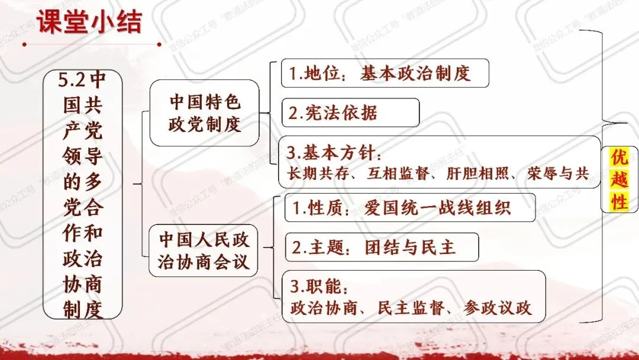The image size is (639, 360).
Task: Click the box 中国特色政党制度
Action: point(205,112)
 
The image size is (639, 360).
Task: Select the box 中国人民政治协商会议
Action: point(204,250)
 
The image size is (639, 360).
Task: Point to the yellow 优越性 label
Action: point(619,179)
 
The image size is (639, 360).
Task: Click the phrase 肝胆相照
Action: point(474,173)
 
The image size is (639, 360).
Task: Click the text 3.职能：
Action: point(319,288)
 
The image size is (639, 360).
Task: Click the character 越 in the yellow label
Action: point(619,179)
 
